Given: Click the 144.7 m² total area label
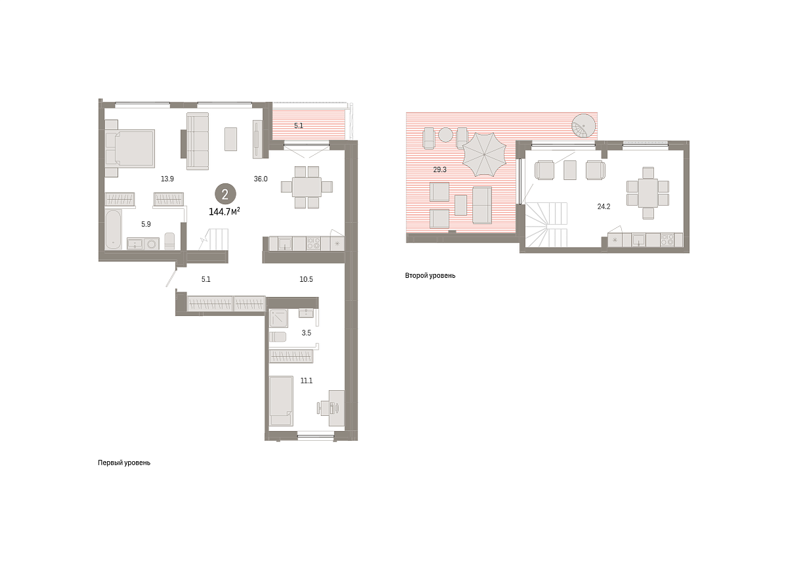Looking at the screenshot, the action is click(225, 211).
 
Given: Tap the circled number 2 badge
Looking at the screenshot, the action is click(225, 194).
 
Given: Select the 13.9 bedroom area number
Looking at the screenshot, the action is click(167, 179).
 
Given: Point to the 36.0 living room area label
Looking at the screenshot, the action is click(261, 179).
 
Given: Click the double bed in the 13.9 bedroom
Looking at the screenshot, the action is click(130, 148).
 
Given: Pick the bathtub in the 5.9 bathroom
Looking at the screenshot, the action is click(113, 229).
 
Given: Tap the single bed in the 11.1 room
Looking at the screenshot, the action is click(281, 401).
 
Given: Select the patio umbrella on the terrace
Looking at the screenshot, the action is click(484, 154).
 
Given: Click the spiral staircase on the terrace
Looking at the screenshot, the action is click(584, 126).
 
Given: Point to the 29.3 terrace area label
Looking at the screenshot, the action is click(440, 169).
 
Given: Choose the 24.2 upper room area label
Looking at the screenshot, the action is click(603, 207).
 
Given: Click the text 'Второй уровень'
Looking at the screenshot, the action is click(430, 276).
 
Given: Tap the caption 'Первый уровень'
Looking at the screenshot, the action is click(124, 463).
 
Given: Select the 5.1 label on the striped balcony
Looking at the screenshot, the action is click(299, 125).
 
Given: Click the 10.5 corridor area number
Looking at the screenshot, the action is click(306, 279).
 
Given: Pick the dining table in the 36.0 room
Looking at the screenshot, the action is click(307, 187).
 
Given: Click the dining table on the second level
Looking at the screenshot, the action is click(647, 193).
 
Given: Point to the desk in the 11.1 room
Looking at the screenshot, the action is click(337, 408).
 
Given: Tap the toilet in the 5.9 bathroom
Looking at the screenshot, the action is click(169, 241).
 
